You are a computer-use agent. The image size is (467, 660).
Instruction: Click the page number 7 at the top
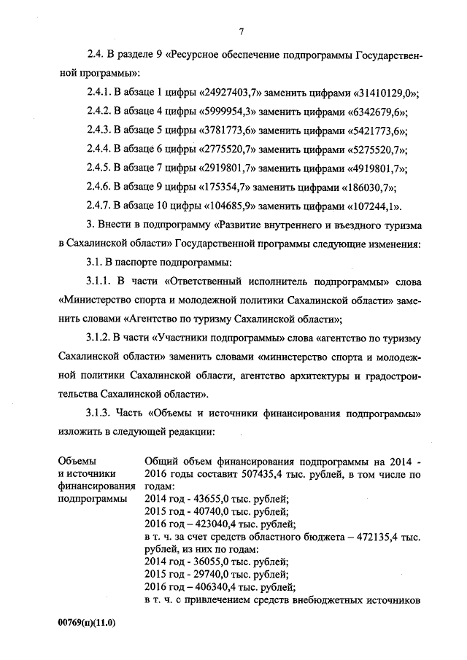(x=240, y=31)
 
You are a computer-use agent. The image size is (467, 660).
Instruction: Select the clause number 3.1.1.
(x=102, y=282)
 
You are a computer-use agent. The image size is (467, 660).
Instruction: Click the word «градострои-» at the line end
(x=392, y=376)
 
